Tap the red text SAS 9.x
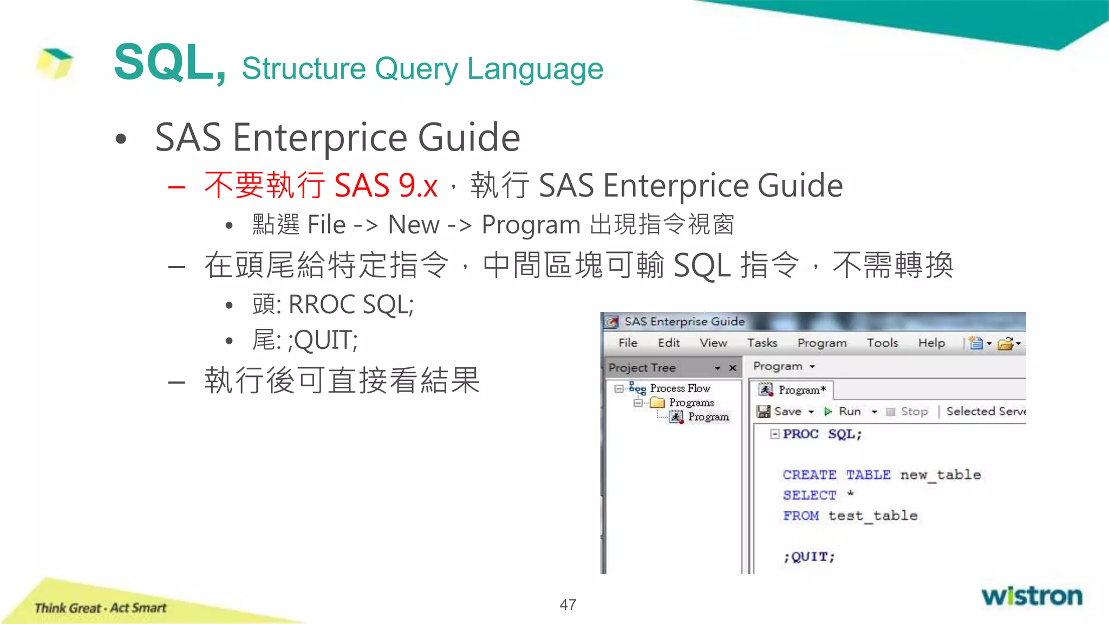386,186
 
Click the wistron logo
1032,596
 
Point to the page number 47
567,604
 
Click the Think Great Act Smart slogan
100,608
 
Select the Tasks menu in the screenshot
762,343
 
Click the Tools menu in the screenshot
882,343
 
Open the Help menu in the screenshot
931,343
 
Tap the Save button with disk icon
780,412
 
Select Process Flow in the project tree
680,388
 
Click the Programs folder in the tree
691,402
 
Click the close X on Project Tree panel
733,368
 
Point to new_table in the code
941,475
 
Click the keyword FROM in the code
801,516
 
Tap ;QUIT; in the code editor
809,557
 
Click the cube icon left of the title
54,63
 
